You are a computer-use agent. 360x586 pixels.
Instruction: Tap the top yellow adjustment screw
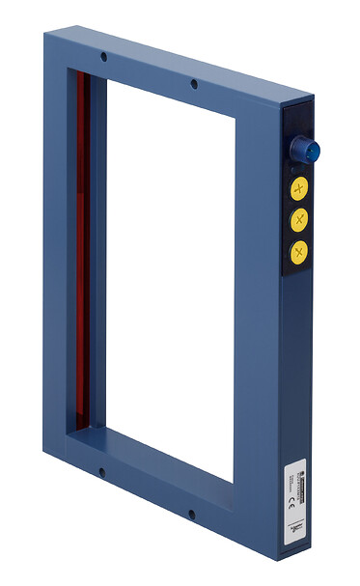299,186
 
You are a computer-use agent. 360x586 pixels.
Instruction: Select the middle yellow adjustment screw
299,219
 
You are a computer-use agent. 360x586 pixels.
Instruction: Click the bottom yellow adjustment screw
299,253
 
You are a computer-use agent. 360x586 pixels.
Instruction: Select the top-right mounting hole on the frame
194,84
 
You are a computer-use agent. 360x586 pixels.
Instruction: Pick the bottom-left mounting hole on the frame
101,472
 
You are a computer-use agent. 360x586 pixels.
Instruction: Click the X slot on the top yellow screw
299,186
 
